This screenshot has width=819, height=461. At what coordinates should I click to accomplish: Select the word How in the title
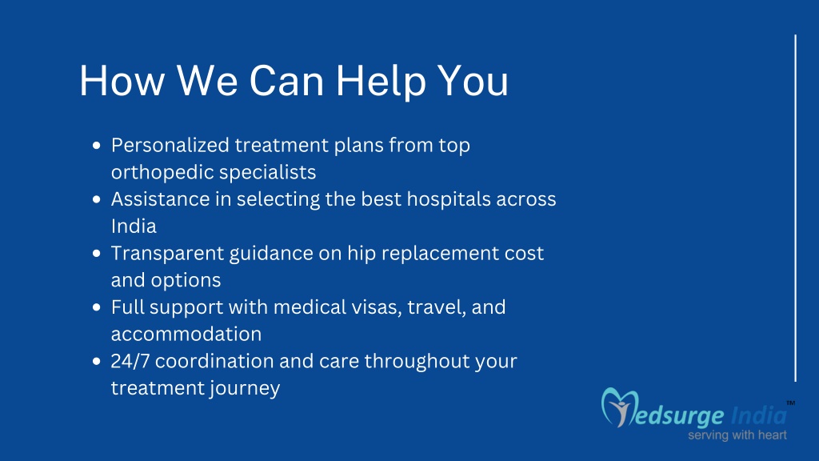coord(122,81)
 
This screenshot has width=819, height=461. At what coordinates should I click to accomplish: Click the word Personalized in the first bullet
coord(170,145)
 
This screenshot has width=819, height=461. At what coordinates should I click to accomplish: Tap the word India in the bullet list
coord(134,226)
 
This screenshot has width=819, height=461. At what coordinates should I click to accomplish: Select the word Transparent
coord(166,254)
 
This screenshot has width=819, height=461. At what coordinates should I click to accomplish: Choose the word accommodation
coord(186,334)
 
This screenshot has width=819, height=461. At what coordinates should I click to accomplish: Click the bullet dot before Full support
coord(96,307)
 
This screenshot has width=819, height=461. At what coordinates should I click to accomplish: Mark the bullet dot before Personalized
coord(96,146)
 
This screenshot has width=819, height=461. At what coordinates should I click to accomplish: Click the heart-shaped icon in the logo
coord(620,407)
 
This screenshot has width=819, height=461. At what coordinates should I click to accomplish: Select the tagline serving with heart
coord(737,435)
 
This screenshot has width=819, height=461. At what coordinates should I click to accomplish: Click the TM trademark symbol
coord(791,403)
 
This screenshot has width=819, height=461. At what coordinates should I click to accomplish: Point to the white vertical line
coord(796,208)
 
